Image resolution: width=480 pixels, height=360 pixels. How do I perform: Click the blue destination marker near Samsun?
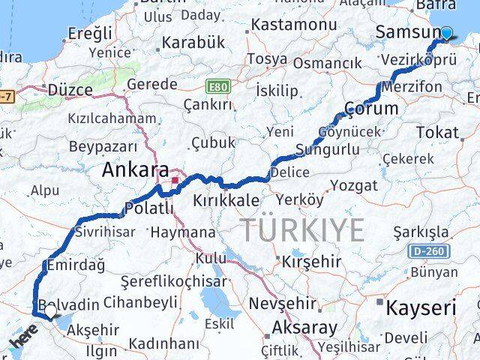[447, 33]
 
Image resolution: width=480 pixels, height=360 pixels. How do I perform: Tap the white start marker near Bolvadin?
[49, 310]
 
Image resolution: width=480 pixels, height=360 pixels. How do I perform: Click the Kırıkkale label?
[226, 201]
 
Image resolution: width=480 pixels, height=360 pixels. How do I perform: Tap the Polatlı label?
[148, 208]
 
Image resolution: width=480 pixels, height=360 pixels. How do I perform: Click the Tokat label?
[436, 133]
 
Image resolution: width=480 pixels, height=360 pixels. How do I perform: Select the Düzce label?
[70, 90]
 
